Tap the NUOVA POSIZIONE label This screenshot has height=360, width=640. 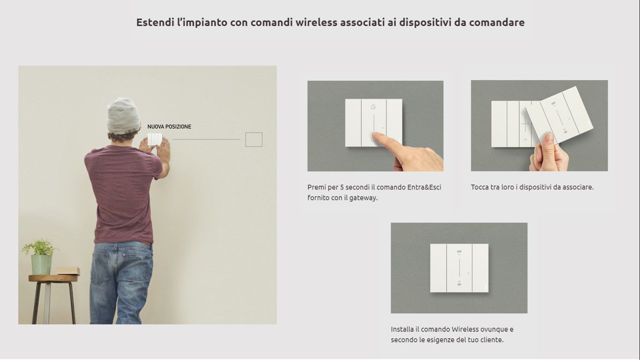[x=169, y=127]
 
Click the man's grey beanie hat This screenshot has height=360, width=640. [x=123, y=115]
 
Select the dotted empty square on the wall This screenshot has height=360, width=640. [x=254, y=140]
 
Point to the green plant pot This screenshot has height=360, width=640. [x=42, y=264]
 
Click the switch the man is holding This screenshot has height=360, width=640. [x=155, y=139]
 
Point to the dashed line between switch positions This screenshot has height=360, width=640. [x=206, y=140]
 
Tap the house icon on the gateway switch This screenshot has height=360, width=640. [x=373, y=107]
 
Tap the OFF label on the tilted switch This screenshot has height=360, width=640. [x=553, y=103]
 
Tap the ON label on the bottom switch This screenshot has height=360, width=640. [x=459, y=285]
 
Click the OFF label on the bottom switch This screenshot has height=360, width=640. [x=459, y=252]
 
